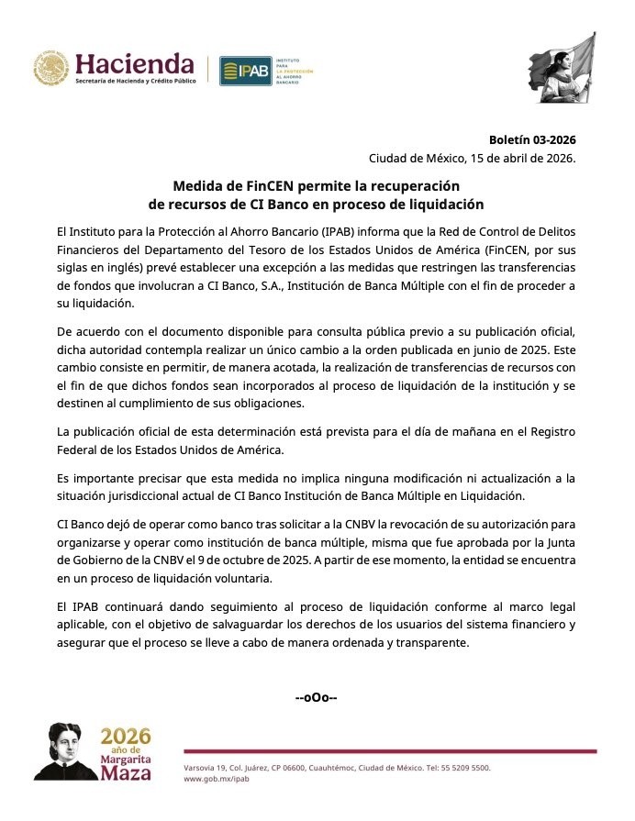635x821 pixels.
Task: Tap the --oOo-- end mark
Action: pyautogui.click(x=317, y=697)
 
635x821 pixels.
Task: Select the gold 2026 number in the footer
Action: pyautogui.click(x=126, y=736)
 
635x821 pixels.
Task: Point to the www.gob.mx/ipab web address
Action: pyautogui.click(x=217, y=779)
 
